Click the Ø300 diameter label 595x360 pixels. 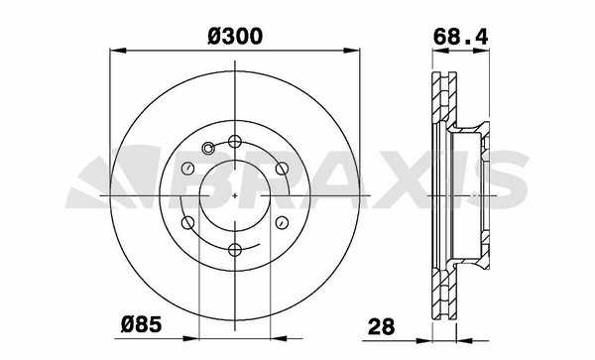point(235,37)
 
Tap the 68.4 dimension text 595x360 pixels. point(460,37)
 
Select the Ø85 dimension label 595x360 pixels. point(141,324)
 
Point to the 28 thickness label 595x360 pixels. point(382,326)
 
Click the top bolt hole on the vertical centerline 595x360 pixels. point(235,142)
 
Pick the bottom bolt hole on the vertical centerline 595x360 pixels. point(235,250)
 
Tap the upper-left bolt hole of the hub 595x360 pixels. point(188,169)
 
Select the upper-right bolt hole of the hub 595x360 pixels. point(282,169)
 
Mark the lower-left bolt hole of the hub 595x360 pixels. point(188,223)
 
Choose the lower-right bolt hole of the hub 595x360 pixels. point(282,223)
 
